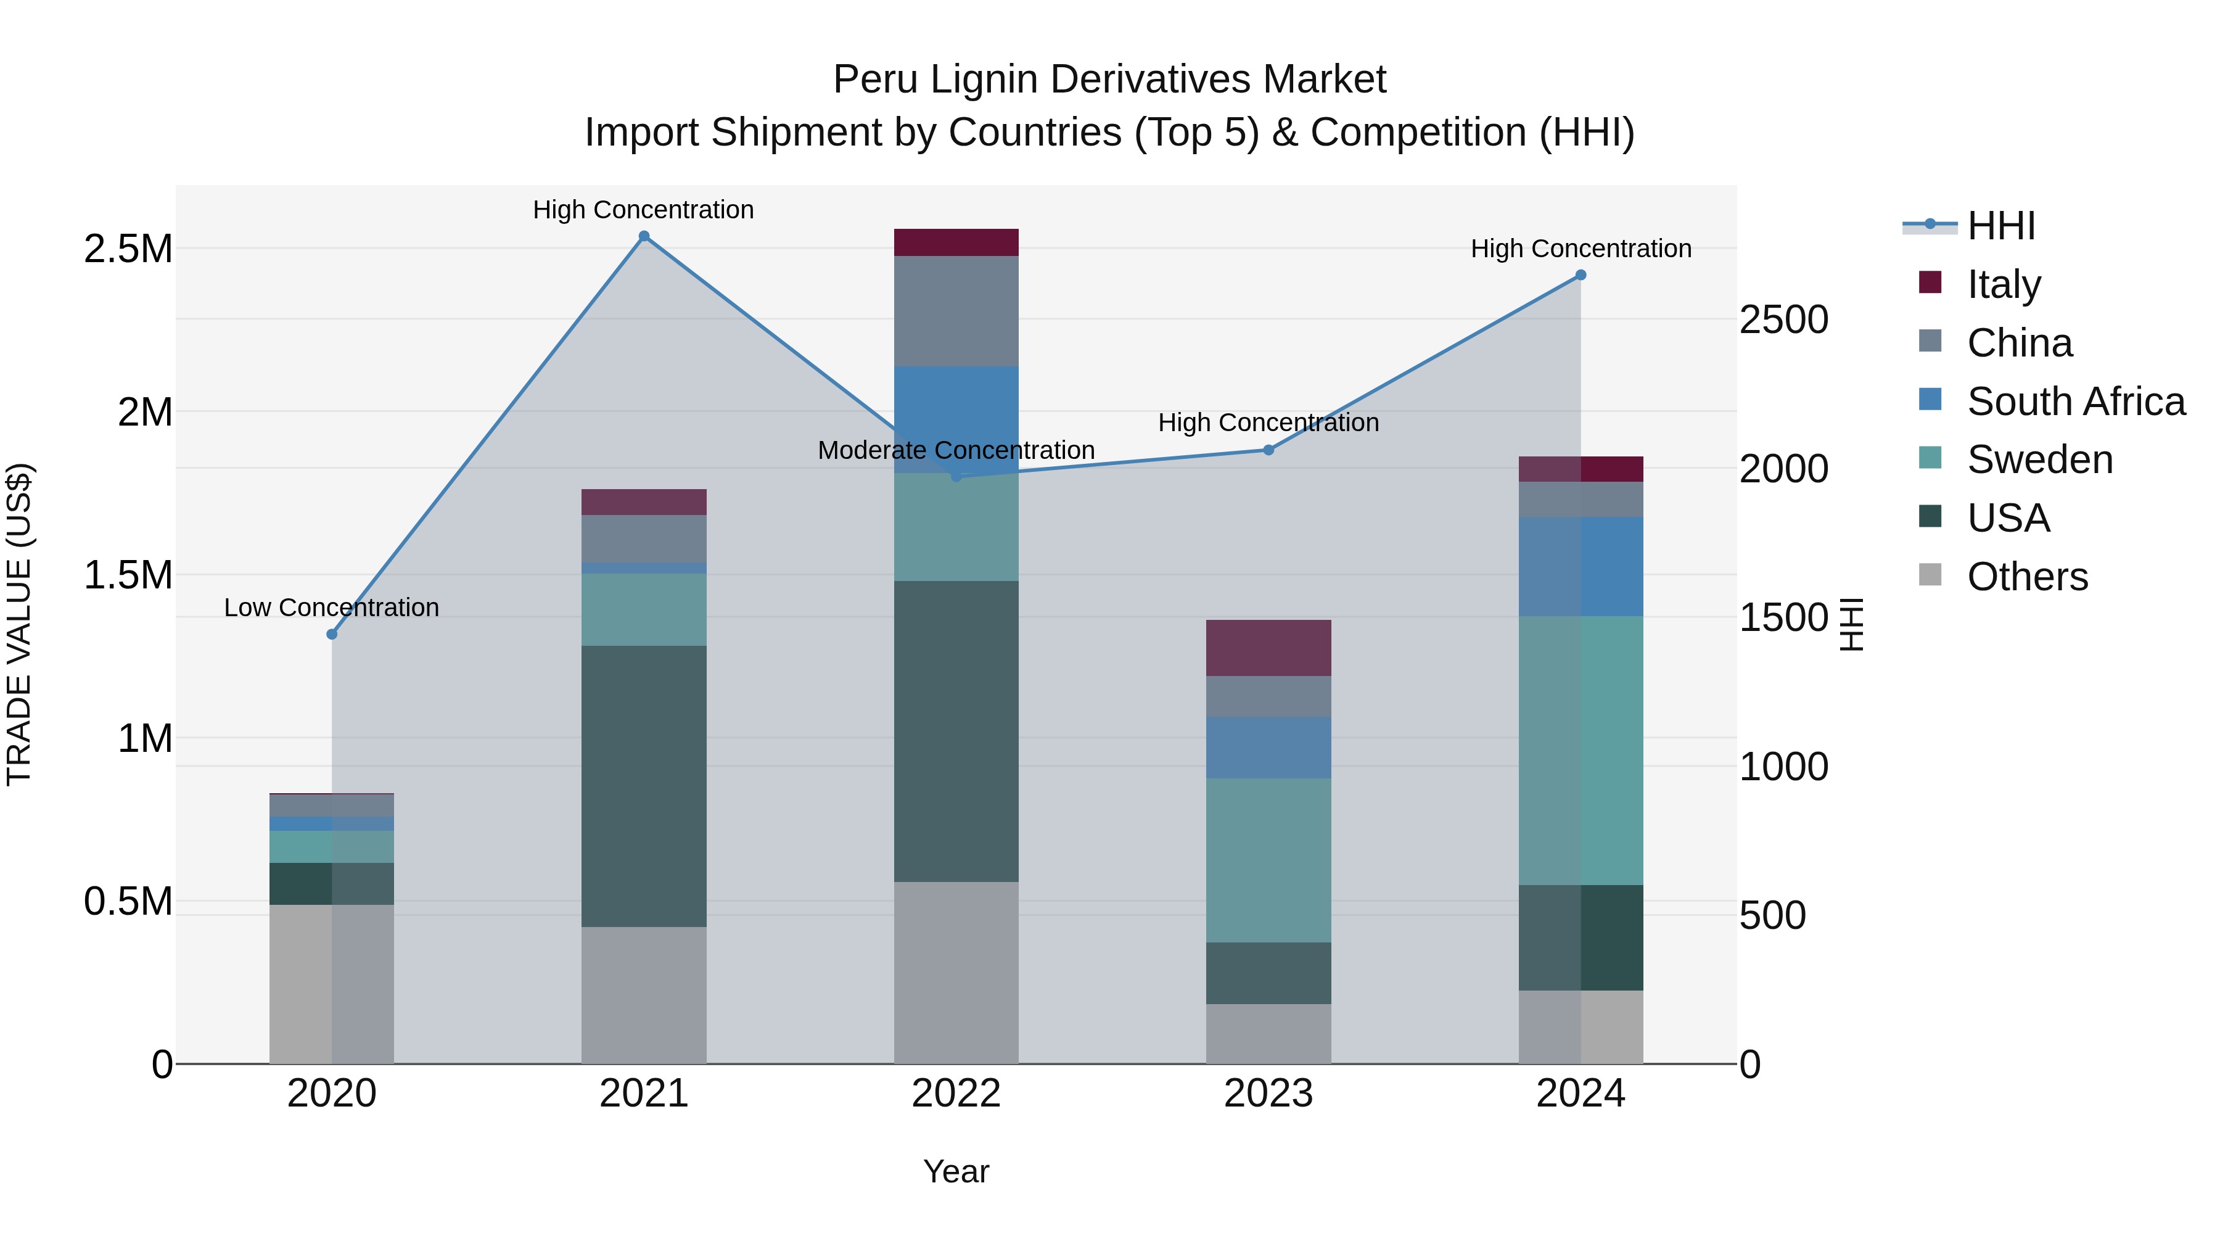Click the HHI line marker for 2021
(644, 236)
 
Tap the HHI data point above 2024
(1581, 275)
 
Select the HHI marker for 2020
(332, 635)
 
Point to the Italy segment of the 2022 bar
(956, 242)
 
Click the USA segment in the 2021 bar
(644, 786)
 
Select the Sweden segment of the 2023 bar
(1268, 860)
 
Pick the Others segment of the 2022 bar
(956, 972)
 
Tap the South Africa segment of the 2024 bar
(1581, 566)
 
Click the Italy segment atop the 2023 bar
(1268, 648)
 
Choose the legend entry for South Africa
(2075, 402)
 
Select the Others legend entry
(2027, 577)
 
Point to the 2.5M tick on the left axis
(128, 249)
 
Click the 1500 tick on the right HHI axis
(1783, 617)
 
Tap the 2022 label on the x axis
(956, 1094)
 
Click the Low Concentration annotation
(332, 608)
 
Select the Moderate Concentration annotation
(956, 450)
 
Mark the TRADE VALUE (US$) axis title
(19, 624)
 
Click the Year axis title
(956, 1171)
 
